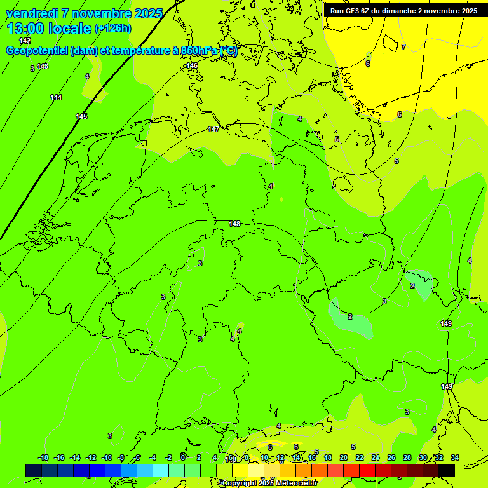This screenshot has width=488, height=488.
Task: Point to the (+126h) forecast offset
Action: (x=113, y=29)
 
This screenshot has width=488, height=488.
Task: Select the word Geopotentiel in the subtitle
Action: (x=36, y=51)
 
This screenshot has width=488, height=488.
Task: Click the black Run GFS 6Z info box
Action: (x=403, y=11)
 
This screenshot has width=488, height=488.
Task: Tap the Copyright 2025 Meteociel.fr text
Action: (x=270, y=483)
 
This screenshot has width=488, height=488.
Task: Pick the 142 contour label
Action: (x=25, y=41)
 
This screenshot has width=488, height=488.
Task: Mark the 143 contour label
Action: (x=43, y=66)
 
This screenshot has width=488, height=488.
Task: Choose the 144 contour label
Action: (x=56, y=97)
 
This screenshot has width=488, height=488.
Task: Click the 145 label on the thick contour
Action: (x=81, y=116)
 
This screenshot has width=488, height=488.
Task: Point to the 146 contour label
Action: (x=192, y=66)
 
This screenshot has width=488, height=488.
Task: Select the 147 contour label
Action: (x=213, y=130)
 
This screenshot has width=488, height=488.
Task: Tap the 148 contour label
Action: (x=234, y=224)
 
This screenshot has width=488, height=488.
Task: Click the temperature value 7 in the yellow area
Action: (x=403, y=47)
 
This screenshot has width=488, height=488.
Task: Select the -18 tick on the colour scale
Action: (x=43, y=457)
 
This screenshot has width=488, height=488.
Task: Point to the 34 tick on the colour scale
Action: (x=455, y=457)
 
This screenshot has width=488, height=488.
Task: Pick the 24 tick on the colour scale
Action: (x=376, y=457)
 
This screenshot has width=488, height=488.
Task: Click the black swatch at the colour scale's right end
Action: (x=447, y=470)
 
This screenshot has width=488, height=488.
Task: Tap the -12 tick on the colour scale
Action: (x=91, y=457)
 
